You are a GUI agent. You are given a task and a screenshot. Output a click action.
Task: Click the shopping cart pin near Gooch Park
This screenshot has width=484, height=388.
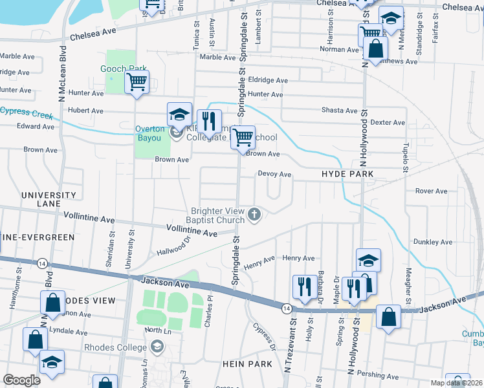pos(137,83)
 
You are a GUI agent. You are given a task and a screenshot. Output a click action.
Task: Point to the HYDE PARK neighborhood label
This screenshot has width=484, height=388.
pos(348,175)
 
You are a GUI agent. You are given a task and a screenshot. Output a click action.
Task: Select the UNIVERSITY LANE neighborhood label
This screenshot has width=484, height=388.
pos(49,199)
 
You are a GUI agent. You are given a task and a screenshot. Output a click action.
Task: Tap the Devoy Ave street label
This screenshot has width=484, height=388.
pos(274,174)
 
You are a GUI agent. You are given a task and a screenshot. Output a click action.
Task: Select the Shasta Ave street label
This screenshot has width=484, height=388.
pos(339,111)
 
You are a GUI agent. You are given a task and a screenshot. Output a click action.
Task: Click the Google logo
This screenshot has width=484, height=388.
pos(22,380)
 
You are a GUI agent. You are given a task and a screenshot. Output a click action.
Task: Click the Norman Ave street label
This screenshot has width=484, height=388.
pos(339,49)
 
